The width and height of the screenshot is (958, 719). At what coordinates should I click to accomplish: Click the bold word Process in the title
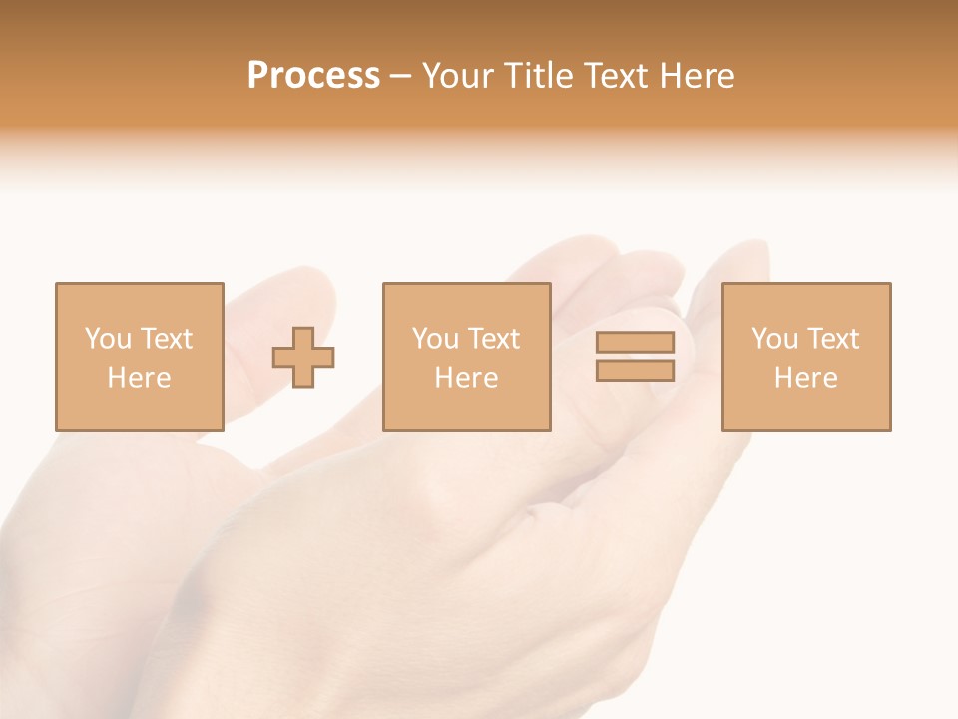coord(313,76)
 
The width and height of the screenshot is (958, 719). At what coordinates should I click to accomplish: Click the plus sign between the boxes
coord(303,358)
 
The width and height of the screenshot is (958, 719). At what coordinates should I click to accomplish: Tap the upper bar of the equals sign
coord(635,342)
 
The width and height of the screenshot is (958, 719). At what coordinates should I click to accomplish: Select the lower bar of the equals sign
coord(635,371)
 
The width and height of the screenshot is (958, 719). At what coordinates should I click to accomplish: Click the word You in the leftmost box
coord(108,339)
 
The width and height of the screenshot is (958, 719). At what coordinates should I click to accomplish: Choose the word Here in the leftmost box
coord(139,378)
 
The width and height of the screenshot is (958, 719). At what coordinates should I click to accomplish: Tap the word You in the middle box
coord(435,339)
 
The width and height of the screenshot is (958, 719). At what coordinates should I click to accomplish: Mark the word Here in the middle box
coord(466,378)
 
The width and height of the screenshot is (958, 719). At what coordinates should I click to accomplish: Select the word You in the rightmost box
coord(774,339)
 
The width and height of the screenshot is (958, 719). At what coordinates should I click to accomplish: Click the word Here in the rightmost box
coord(805,378)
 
